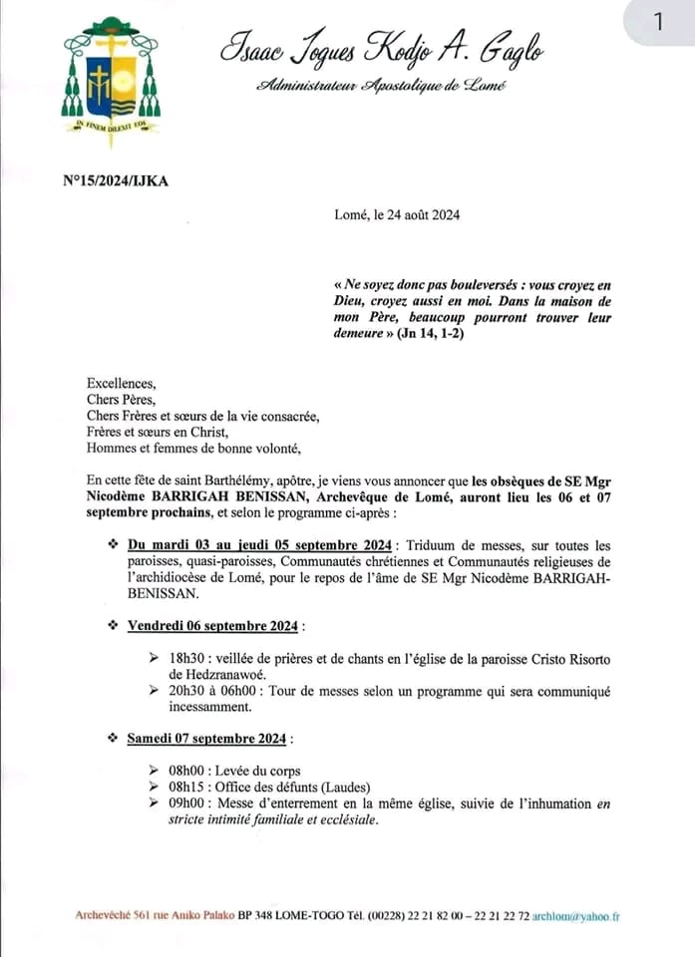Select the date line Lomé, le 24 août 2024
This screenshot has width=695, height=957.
pyautogui.click(x=397, y=214)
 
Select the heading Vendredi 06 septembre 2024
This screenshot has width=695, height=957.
pyautogui.click(x=213, y=626)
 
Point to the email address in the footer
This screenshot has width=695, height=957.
pyautogui.click(x=575, y=916)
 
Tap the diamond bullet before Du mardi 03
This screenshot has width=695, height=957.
pyautogui.click(x=112, y=545)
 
